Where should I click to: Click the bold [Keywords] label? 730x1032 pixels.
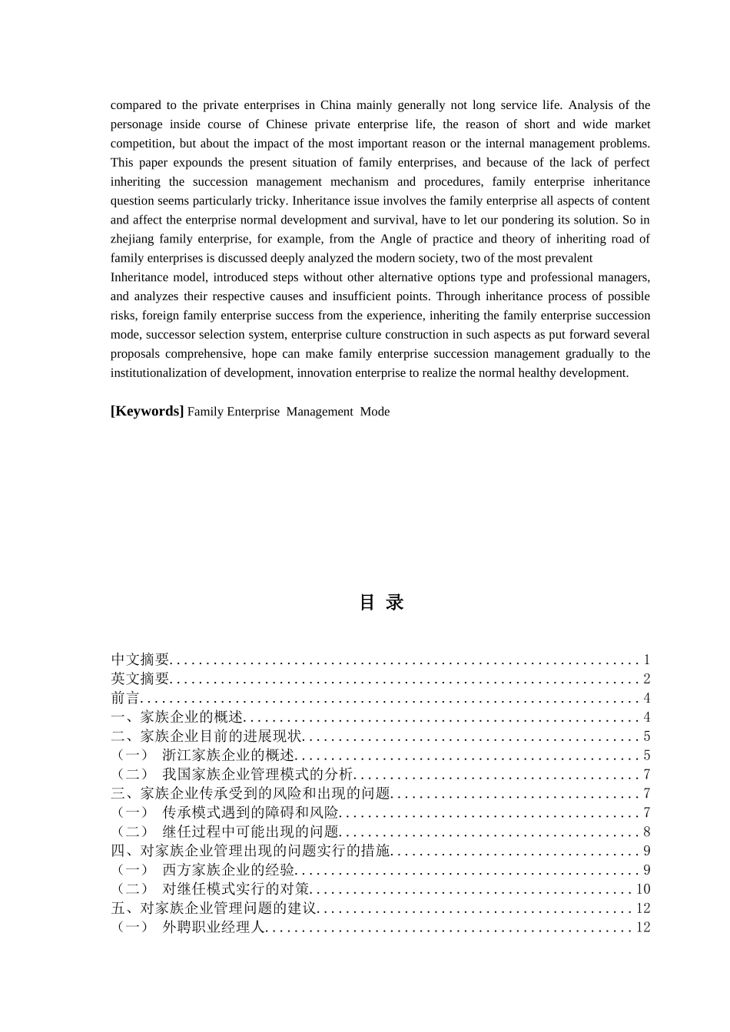147,412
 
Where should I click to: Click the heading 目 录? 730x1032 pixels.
382,603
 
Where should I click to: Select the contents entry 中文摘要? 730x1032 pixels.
140,660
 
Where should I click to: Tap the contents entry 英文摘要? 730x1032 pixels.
140,679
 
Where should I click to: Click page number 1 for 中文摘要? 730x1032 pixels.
647,660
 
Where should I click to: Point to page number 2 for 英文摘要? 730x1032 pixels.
647,679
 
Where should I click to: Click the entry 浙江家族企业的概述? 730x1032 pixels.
228,756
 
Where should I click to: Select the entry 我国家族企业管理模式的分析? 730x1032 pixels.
257,775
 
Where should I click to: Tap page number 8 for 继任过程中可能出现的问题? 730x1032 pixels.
647,832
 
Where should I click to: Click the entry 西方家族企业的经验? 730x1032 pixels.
228,870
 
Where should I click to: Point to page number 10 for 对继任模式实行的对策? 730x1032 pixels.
643,889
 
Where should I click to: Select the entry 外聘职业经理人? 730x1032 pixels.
214,928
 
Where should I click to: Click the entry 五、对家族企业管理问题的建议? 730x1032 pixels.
214,908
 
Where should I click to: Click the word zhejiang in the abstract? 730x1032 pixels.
132,240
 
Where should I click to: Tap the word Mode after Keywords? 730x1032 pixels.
375,412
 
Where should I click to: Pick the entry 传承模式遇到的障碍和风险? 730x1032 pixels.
250,812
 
